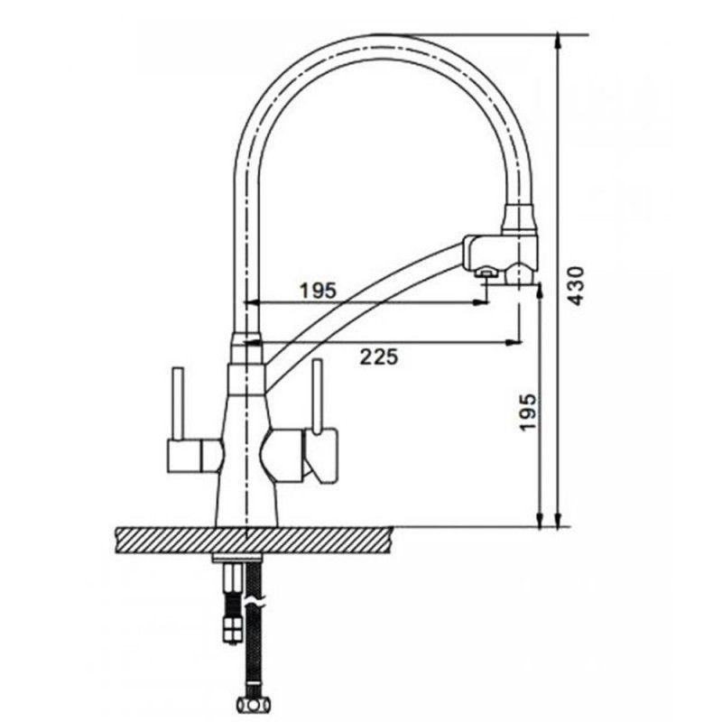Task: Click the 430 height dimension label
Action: [x=576, y=286]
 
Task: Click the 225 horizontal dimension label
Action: [x=378, y=356]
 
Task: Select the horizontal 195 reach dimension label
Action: [x=319, y=291]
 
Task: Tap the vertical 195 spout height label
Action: [x=528, y=412]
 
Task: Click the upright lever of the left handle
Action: [x=178, y=403]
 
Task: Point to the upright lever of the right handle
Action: [x=317, y=397]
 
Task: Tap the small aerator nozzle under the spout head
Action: [x=486, y=273]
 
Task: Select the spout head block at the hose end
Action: [x=501, y=255]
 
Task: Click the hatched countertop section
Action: [x=254, y=541]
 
